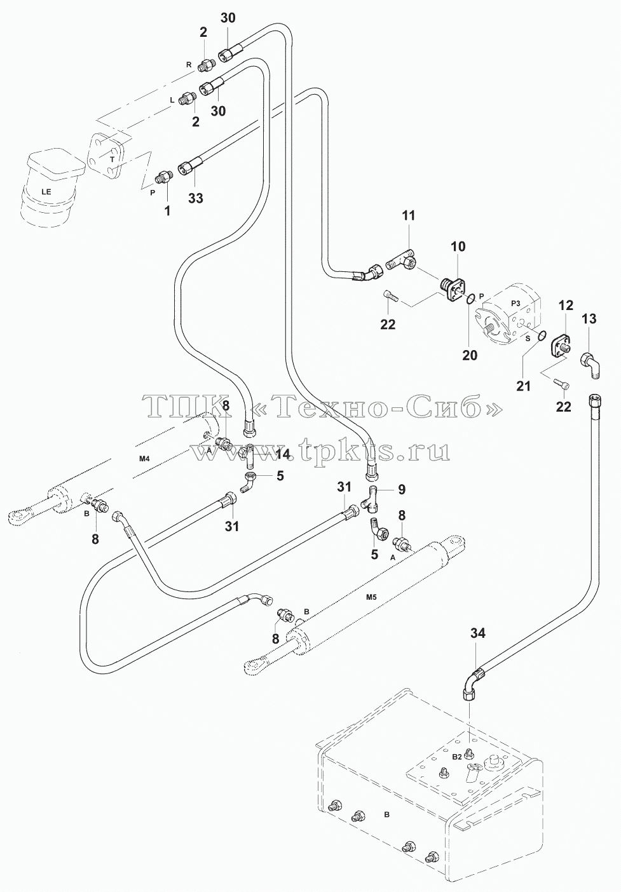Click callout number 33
[x=196, y=198]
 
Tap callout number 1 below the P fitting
[x=168, y=211]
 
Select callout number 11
[x=408, y=215]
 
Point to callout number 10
[x=458, y=247]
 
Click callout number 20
[x=470, y=355]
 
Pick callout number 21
[x=523, y=386]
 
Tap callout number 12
[x=566, y=306]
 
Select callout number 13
[x=589, y=318]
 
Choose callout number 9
[x=402, y=489]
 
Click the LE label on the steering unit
[x=46, y=191]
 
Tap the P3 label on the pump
[x=515, y=303]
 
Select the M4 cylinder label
[x=144, y=459]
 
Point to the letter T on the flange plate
[x=113, y=159]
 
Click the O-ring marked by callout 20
[x=470, y=298]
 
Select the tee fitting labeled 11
[x=401, y=262]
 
